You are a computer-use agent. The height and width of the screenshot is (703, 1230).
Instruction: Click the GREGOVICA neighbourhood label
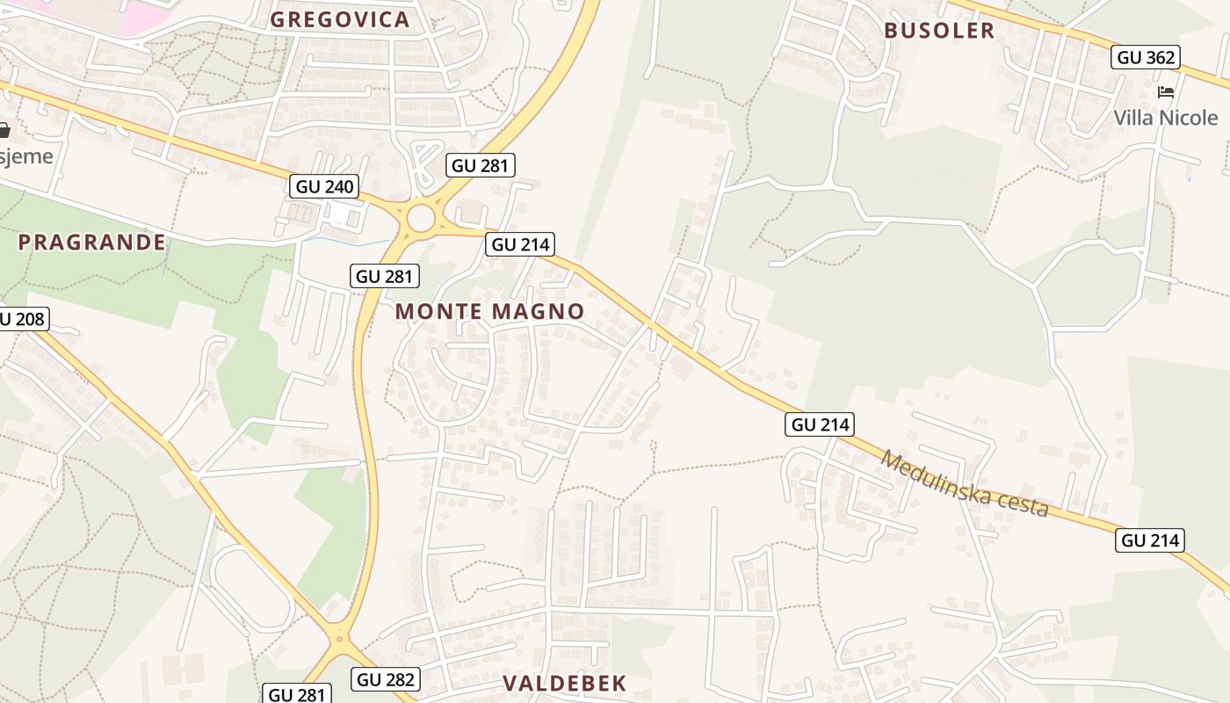pyautogui.click(x=340, y=19)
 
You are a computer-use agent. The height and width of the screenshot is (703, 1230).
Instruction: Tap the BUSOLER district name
pyautogui.click(x=939, y=30)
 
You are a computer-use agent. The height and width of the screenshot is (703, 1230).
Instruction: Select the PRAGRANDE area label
pyautogui.click(x=92, y=242)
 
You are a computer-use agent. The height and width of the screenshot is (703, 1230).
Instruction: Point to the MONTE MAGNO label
pyautogui.click(x=489, y=310)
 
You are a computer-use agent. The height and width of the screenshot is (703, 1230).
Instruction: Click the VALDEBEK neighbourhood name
pyautogui.click(x=565, y=683)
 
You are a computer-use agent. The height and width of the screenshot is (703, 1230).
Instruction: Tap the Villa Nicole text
pyautogui.click(x=1166, y=117)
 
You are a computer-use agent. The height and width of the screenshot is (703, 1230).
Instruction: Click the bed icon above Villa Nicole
pyautogui.click(x=1166, y=91)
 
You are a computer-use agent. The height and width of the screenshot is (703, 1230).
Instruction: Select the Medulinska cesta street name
pyautogui.click(x=966, y=483)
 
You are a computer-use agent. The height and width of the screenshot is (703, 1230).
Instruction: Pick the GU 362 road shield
pyautogui.click(x=1146, y=57)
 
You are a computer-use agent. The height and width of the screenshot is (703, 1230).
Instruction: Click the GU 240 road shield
pyautogui.click(x=325, y=185)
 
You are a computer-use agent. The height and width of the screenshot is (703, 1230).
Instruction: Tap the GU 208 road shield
pyautogui.click(x=21, y=318)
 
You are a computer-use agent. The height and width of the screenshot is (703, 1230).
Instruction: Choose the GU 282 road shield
pyautogui.click(x=386, y=678)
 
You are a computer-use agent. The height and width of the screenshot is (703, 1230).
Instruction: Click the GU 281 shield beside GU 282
pyautogui.click(x=297, y=694)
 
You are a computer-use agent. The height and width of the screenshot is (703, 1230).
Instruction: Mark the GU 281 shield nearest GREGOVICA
pyautogui.click(x=480, y=164)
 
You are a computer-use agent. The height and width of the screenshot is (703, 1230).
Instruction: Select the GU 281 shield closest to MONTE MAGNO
pyautogui.click(x=385, y=275)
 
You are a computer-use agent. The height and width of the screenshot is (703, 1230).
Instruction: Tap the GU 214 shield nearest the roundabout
pyautogui.click(x=521, y=243)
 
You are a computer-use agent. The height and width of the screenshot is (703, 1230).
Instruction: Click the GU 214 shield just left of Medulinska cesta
pyautogui.click(x=821, y=424)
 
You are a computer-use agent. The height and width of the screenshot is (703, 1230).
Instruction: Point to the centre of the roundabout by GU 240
pyautogui.click(x=421, y=218)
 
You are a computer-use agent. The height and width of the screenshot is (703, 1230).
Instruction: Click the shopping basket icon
pyautogui.click(x=4, y=130)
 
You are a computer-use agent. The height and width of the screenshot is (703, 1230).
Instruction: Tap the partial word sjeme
pyautogui.click(x=26, y=156)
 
